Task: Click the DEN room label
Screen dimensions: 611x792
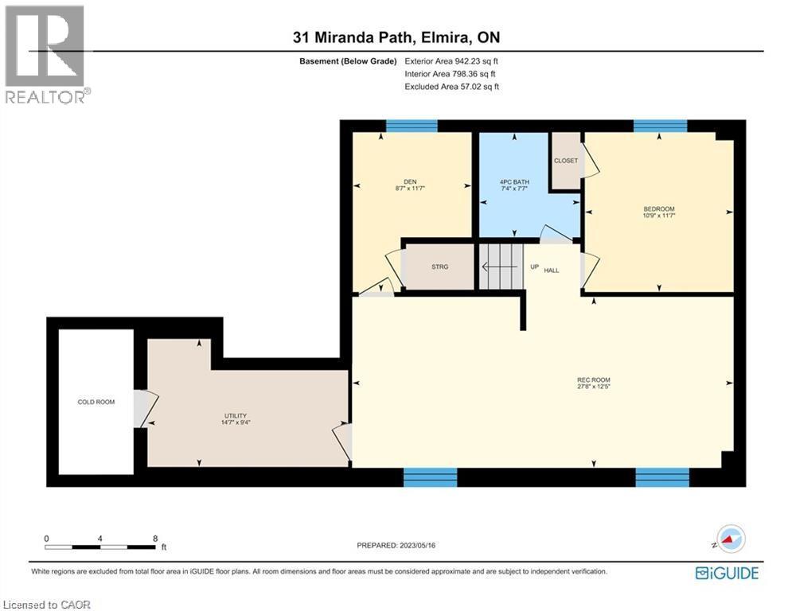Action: (x=411, y=181)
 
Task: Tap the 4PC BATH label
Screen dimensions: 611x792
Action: (x=513, y=182)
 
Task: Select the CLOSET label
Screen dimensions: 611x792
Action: (x=565, y=161)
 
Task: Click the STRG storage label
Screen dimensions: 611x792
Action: (x=440, y=267)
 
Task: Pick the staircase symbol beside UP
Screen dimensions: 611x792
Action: (x=499, y=267)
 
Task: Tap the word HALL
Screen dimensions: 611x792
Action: (x=552, y=270)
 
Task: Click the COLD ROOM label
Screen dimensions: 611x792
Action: (x=96, y=402)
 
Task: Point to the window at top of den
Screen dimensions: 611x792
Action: (x=412, y=126)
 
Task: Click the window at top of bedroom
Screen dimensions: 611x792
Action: (x=660, y=126)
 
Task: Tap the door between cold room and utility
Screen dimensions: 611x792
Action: (x=141, y=407)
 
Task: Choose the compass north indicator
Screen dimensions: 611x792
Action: (x=730, y=539)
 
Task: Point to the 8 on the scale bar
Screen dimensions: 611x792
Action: (x=154, y=538)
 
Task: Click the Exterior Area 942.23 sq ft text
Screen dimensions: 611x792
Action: (x=452, y=60)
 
